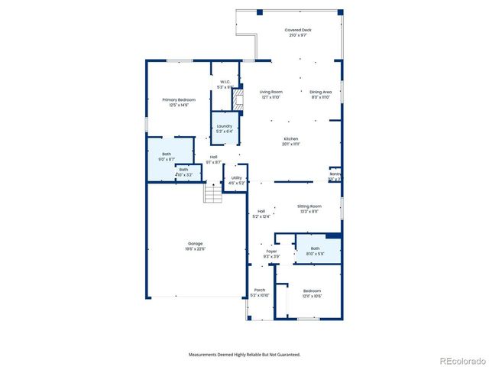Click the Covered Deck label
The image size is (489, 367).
pyautogui.click(x=298, y=32)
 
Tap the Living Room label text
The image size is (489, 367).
pyautogui.click(x=270, y=94)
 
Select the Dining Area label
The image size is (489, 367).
pyautogui.click(x=321, y=94)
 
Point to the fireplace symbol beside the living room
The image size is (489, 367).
pyautogui.click(x=238, y=98)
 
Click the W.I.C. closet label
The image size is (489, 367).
pyautogui.click(x=225, y=84)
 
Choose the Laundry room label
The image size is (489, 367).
pyautogui.click(x=225, y=128)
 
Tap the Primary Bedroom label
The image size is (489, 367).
pyautogui.click(x=179, y=102)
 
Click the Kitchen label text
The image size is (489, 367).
pyautogui.click(x=291, y=141)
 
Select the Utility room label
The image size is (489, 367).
pyautogui.click(x=236, y=180)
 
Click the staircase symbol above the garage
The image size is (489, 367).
pyautogui.click(x=213, y=194)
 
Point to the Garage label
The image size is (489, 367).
pyautogui.click(x=196, y=245)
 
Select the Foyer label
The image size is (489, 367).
pyautogui.click(x=271, y=253)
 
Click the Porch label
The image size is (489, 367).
pyautogui.click(x=260, y=292)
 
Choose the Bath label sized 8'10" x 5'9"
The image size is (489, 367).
pyautogui.click(x=315, y=251)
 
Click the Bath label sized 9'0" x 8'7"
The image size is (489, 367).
pyautogui.click(x=167, y=157)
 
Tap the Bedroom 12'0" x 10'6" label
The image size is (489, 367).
pyautogui.click(x=312, y=293)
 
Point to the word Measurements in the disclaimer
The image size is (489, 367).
pyautogui.click(x=207, y=354)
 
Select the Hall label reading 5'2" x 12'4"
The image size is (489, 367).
pyautogui.click(x=261, y=213)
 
